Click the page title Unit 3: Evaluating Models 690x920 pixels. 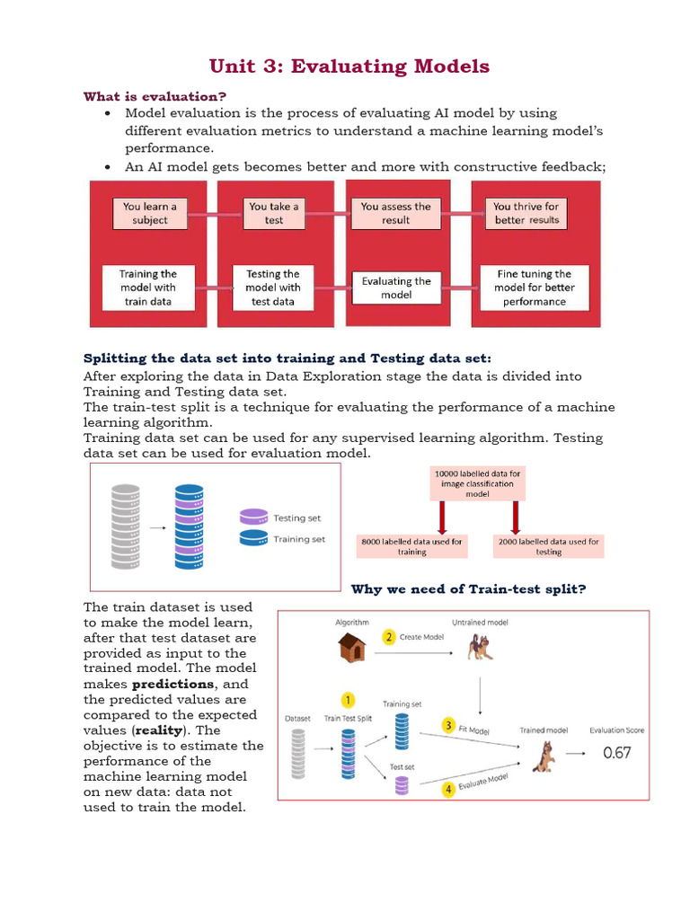[349, 66]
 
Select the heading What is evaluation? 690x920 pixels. [155, 96]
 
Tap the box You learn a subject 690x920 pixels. [150, 213]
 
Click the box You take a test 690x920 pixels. [274, 213]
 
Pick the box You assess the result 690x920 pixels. [395, 213]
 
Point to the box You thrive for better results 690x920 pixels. [526, 213]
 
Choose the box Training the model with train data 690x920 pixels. [149, 287]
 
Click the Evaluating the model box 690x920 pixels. [396, 287]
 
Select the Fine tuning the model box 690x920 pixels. [534, 287]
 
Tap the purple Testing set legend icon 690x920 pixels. [253, 517]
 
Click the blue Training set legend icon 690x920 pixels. [253, 538]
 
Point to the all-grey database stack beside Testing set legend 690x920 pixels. [126, 526]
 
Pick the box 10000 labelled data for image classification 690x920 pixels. [477, 483]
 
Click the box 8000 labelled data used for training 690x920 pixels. [411, 546]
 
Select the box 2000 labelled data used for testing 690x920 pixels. [548, 546]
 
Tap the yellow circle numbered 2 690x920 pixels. [389, 637]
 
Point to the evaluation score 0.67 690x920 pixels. [616, 753]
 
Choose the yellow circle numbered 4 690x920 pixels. [447, 789]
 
